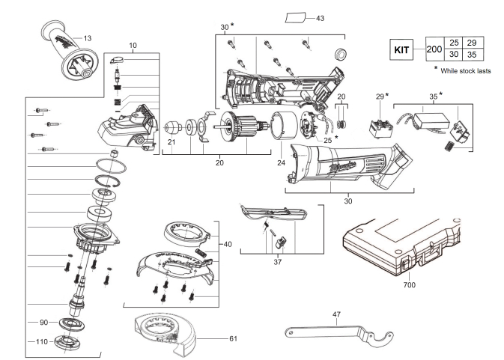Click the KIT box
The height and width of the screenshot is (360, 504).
coord(401,50)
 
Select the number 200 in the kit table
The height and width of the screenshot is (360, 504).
coord(434,49)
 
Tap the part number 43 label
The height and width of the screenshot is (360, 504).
coord(320,18)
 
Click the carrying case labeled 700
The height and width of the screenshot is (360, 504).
coord(402,245)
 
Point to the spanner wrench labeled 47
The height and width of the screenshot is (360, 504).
coord(339,335)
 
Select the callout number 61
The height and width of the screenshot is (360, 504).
coord(233,338)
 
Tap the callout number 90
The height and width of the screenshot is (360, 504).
coord(43,322)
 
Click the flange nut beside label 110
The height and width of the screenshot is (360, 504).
coord(67,341)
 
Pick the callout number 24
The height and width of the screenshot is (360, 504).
coord(281,163)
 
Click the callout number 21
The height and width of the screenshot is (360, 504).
coord(171,142)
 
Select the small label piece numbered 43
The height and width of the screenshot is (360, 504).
coord(295,18)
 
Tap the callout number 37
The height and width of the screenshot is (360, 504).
coord(277,262)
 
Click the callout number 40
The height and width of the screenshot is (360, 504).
coord(228,245)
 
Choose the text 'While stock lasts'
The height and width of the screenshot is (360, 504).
coord(466,71)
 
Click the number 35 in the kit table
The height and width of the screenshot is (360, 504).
coord(472,55)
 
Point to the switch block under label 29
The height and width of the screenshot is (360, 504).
coord(381,129)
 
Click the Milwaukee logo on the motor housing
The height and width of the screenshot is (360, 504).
coord(343,167)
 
